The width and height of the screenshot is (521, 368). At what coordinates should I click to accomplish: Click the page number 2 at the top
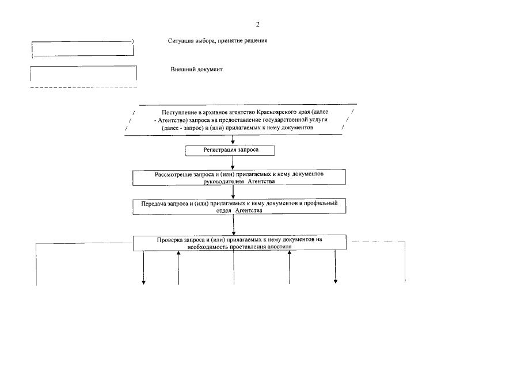258,24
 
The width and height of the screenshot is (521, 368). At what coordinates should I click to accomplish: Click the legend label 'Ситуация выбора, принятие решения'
218,41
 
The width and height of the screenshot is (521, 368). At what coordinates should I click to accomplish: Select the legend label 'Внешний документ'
196,69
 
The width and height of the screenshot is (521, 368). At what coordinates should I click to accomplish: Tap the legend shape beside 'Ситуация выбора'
82,48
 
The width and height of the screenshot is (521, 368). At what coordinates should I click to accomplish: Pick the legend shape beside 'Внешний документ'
83,74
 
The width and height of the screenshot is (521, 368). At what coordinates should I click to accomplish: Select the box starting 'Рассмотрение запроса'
239,177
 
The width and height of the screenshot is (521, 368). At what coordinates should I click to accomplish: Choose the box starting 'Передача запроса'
239,206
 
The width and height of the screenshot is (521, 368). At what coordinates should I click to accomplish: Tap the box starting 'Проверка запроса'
239,242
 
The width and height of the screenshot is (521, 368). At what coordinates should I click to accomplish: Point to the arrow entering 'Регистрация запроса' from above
233,140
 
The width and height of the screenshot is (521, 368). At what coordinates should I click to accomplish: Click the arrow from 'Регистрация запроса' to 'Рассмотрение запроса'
233,163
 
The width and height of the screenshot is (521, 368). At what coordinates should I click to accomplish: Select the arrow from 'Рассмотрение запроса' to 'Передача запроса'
233,192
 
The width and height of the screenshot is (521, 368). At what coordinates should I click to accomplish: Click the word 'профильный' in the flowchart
329,203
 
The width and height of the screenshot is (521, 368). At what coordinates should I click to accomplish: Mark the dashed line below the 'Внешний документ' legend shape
83,87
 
